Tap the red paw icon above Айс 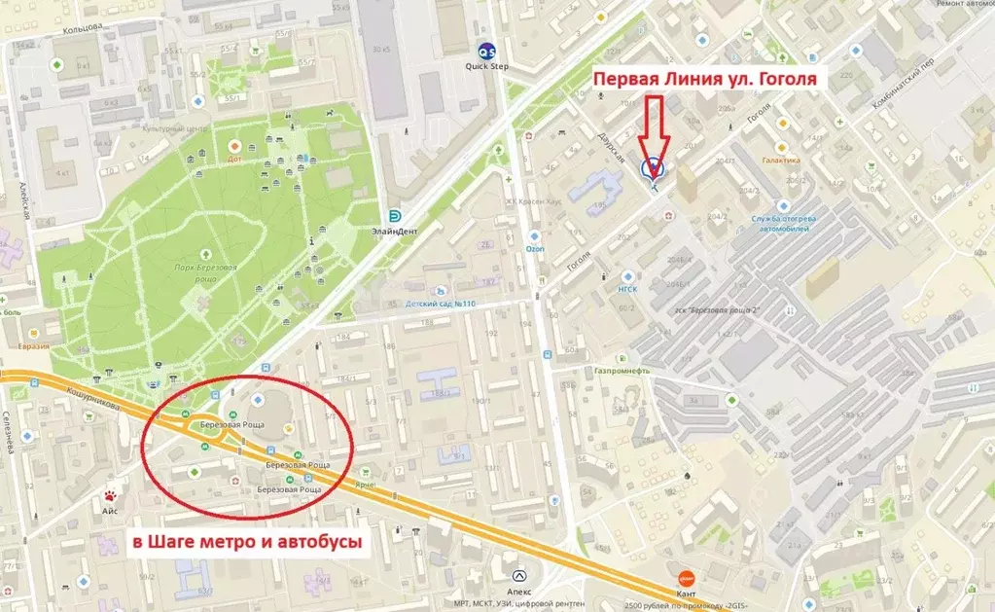click(x=113, y=480)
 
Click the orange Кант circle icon click(x=686, y=577)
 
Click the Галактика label click(x=781, y=161)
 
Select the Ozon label click(x=535, y=248)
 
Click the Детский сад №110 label click(x=441, y=304)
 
